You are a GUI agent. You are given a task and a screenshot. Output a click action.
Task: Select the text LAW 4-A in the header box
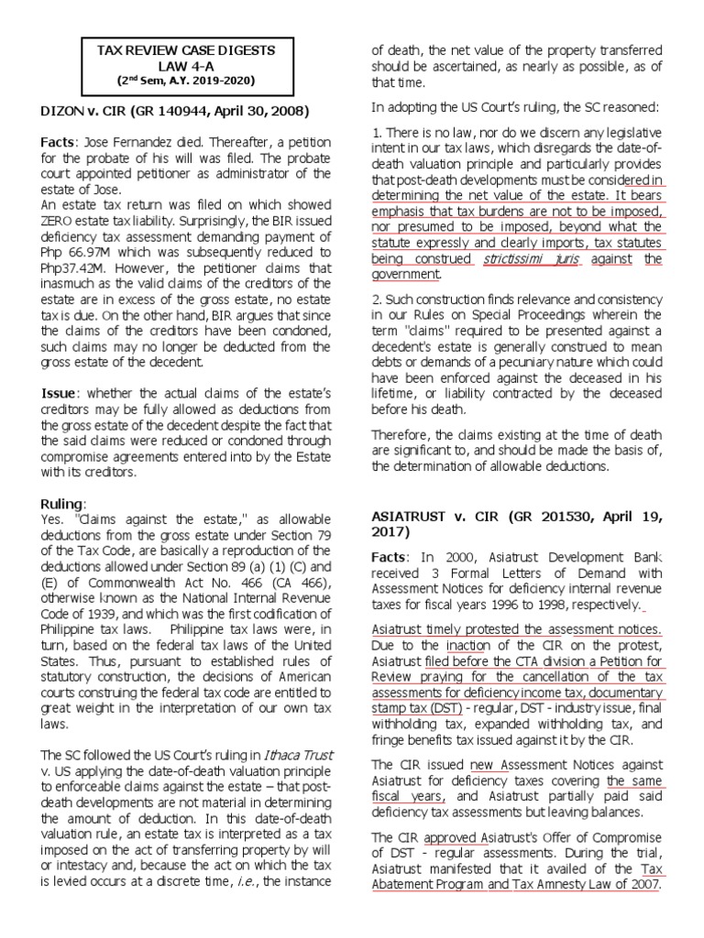click(x=184, y=65)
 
